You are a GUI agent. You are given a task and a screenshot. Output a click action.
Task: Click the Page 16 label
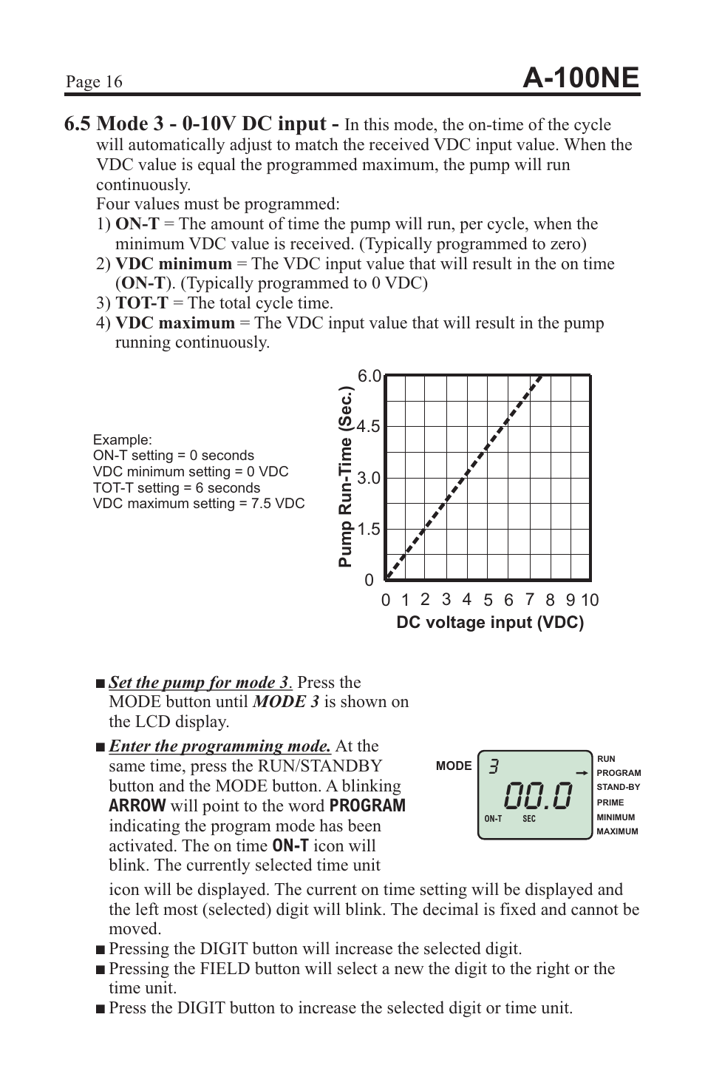93,82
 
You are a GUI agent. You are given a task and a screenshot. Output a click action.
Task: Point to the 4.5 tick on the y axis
368,427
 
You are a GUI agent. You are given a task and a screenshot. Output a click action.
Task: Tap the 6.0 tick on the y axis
369,376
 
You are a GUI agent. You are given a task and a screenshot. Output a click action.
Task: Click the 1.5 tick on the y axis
368,530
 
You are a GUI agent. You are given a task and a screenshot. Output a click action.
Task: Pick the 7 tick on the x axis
529,600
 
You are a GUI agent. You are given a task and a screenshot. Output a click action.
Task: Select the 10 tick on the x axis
589,601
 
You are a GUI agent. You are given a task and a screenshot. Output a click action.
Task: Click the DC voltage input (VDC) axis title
490,623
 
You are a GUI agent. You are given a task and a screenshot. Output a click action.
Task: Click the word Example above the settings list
122,439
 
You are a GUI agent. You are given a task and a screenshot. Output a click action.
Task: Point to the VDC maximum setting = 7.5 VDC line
198,504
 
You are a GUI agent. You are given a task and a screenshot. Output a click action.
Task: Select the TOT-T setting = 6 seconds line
176,487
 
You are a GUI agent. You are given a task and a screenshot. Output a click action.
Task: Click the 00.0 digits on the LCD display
539,796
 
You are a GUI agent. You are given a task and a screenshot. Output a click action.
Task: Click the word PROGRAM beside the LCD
618,773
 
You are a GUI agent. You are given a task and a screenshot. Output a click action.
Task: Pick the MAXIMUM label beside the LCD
616,831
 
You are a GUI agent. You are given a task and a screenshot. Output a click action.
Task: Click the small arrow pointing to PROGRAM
582,773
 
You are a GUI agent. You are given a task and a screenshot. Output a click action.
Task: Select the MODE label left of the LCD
453,766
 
